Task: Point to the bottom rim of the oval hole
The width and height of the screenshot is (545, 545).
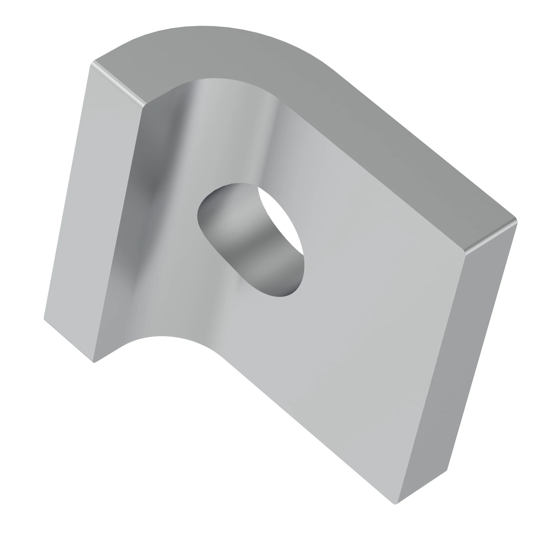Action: click(x=279, y=296)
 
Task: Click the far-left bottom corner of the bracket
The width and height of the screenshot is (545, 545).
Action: click(x=44, y=319)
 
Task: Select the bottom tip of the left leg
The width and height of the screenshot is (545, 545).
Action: click(x=94, y=362)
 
